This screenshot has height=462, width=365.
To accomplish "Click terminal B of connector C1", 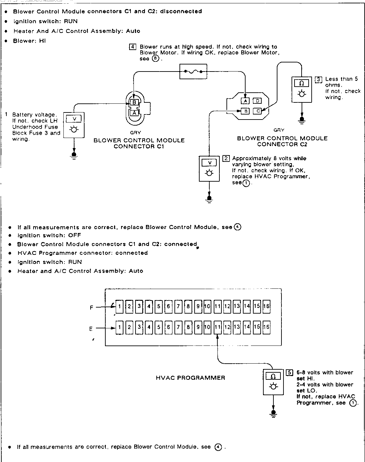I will [134, 102].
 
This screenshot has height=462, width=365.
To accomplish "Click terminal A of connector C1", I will [134, 113].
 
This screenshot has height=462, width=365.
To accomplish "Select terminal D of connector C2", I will [257, 101].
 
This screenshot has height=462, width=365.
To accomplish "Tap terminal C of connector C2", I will [257, 111].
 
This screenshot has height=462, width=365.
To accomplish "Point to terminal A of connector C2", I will [245, 101].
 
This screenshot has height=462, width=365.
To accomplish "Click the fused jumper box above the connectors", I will [193, 72].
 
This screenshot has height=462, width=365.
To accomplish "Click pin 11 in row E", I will [217, 327].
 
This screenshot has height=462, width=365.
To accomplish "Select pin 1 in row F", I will [119, 306].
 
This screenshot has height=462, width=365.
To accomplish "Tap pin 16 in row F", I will [266, 306].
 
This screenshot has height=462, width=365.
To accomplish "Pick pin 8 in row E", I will [188, 327].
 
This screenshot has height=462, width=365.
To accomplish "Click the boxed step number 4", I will [133, 47].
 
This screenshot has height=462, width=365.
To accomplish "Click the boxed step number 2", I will [226, 158].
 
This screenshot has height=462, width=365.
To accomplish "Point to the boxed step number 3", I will [318, 79].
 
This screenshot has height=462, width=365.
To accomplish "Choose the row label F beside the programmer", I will [91, 307].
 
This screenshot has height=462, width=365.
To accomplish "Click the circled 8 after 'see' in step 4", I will [155, 59].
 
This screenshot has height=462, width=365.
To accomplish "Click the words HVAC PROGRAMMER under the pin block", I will [191, 378].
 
